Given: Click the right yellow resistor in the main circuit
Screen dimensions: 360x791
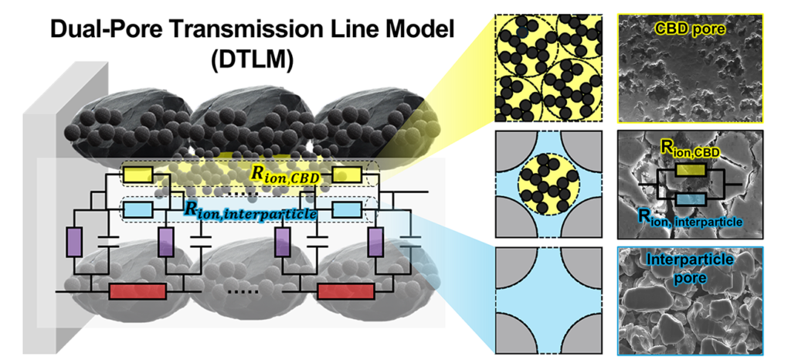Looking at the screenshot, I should [x=347, y=176].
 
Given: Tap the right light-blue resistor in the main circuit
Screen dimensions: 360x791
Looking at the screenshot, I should [x=347, y=209].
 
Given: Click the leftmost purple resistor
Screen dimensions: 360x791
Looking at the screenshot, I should [x=75, y=240].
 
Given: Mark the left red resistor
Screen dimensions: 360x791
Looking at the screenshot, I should [x=137, y=291].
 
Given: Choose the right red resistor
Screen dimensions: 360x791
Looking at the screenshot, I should [x=346, y=291].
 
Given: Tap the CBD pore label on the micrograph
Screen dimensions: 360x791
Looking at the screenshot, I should [x=691, y=29].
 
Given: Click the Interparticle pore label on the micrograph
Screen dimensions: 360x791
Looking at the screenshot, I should [x=691, y=267].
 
